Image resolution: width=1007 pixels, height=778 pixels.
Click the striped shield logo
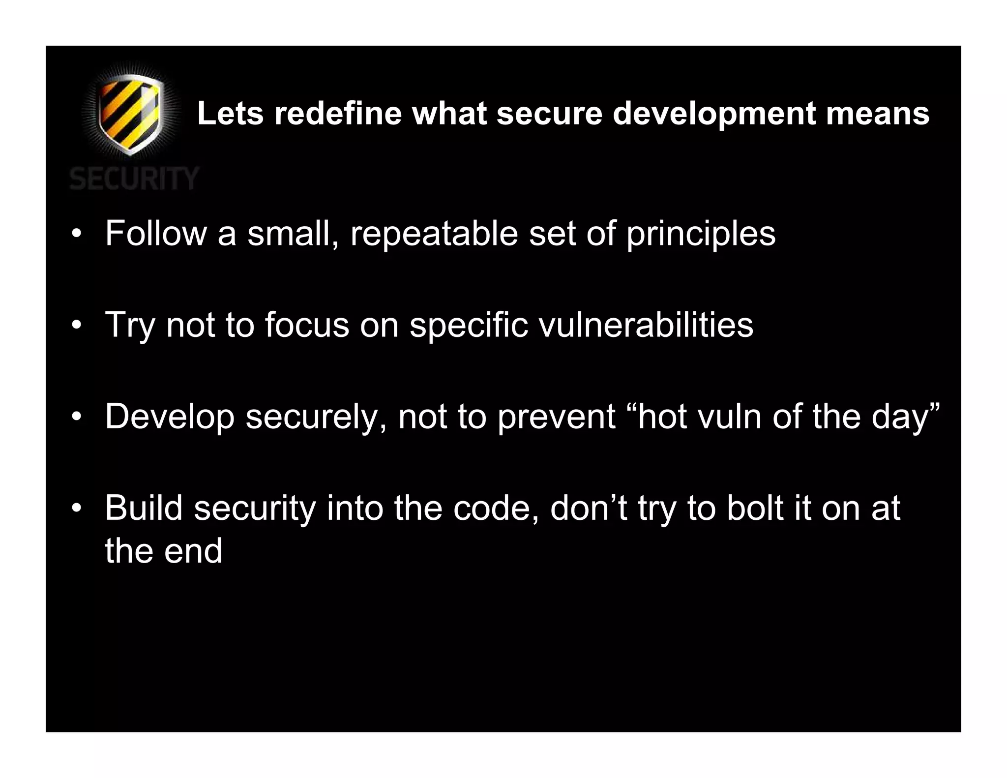pyautogui.click(x=130, y=114)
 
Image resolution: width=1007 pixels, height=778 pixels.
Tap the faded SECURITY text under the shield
pyautogui.click(x=134, y=178)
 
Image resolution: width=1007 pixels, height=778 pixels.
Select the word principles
pyautogui.click(x=701, y=234)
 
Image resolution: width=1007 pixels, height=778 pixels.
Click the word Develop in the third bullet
pyautogui.click(x=170, y=417)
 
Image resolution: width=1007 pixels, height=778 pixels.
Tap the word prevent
pyautogui.click(x=556, y=417)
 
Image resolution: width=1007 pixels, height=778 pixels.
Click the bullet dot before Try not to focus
pyautogui.click(x=76, y=325)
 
